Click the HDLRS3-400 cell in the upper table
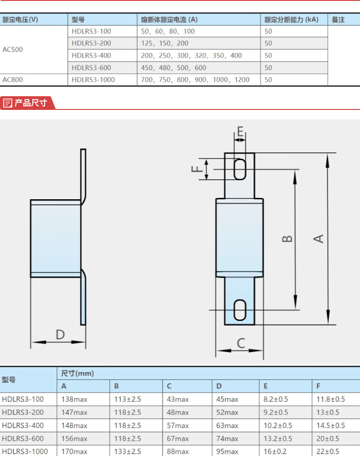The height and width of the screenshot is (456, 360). click(91, 56)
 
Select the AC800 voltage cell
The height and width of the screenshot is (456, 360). click(12, 80)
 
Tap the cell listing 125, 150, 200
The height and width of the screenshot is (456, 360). click(165, 43)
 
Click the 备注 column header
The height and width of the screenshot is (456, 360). click(338, 20)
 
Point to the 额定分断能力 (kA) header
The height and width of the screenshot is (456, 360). click(291, 20)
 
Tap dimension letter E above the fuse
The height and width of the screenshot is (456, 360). click(240, 131)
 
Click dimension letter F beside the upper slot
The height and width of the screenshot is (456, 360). click(196, 169)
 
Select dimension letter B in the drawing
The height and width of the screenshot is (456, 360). click(287, 239)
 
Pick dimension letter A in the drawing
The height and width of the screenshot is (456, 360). click(319, 239)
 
